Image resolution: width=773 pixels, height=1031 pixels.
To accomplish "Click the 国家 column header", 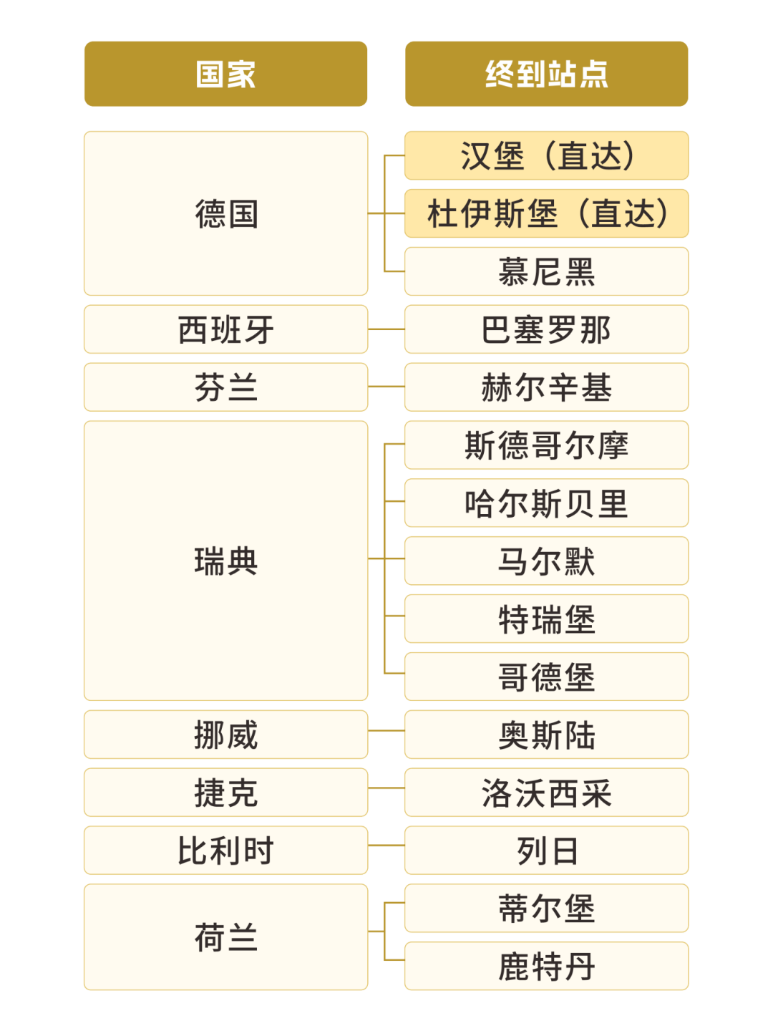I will tap(225, 74).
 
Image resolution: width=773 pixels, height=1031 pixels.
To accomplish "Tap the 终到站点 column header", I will tap(546, 74).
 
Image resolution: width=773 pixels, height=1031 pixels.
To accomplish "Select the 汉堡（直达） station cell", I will tap(546, 155).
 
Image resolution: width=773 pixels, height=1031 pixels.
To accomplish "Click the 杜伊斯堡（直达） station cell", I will tap(546, 213).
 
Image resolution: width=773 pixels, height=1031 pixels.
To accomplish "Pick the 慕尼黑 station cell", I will tap(546, 271).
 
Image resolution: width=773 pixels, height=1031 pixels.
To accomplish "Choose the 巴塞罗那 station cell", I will tap(546, 329).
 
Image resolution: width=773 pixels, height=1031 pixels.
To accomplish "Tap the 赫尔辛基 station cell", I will tap(546, 387).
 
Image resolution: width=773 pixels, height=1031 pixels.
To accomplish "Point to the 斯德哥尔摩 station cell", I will tap(546, 445).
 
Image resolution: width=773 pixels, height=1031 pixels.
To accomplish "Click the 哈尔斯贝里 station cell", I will tap(546, 503).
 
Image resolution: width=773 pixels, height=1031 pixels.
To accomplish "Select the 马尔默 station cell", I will tap(546, 561).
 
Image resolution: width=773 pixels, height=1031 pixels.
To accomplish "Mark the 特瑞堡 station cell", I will tap(546, 619).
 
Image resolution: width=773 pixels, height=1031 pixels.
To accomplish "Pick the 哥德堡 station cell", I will tap(546, 677).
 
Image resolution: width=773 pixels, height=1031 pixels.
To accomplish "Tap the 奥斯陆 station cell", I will tap(546, 735).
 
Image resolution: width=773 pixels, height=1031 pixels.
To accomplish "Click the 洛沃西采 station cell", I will tap(546, 793).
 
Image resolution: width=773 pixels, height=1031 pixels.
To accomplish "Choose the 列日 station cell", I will tap(546, 851).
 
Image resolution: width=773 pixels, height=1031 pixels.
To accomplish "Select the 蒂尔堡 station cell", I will tap(546, 909).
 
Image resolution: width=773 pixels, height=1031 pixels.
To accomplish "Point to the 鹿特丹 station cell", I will tap(546, 967).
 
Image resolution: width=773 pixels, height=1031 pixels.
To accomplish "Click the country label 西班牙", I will tap(225, 329).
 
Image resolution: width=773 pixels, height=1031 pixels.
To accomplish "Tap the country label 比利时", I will tap(225, 851).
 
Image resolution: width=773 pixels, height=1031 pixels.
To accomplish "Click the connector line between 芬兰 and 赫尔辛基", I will tap(386, 386).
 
